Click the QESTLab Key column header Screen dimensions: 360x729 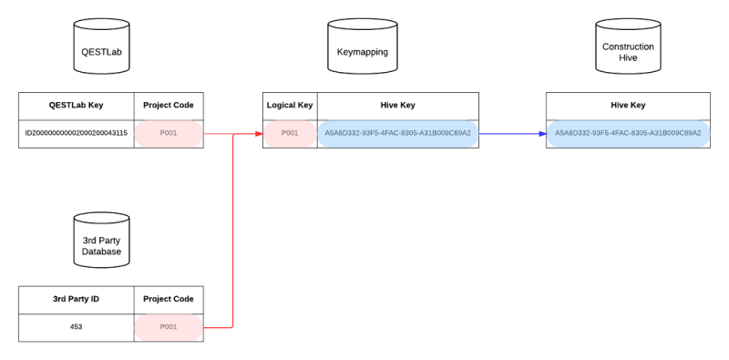tap(77, 105)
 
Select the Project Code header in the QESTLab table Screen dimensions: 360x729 tap(169, 105)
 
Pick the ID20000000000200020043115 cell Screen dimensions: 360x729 tap(77, 133)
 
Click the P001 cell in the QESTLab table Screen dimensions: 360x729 tap(169, 133)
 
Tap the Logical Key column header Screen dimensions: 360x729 tap(290, 105)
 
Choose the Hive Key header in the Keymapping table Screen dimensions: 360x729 tap(398, 105)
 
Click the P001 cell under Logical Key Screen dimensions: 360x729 tap(290, 133)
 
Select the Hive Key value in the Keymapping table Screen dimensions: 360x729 tap(398, 133)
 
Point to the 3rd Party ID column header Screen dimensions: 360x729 tap(77, 298)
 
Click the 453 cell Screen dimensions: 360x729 tap(77, 326)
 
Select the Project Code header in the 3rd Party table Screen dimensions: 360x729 tap(169, 298)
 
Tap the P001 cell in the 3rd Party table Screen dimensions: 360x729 tap(169, 326)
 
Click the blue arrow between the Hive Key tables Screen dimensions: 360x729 tap(512, 134)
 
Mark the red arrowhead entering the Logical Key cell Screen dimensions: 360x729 tap(259, 134)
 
